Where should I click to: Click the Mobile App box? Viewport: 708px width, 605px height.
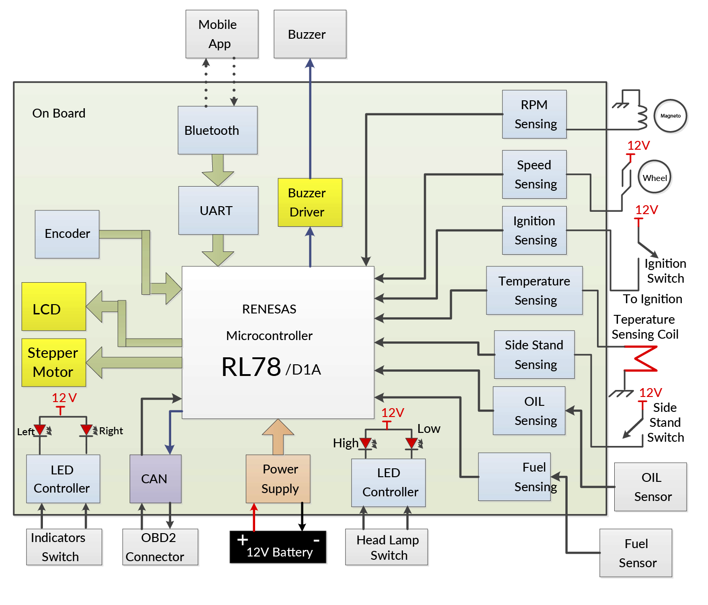pos(222,34)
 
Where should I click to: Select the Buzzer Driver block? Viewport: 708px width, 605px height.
pos(310,202)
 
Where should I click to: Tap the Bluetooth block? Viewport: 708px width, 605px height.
pos(217,130)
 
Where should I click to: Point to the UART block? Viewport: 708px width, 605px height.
pos(218,210)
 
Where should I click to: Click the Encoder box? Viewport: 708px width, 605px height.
pos(67,234)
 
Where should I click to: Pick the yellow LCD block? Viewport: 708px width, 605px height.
pos(54,306)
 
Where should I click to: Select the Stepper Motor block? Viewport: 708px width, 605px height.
pos(54,362)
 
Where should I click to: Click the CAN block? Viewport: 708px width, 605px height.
pos(155,479)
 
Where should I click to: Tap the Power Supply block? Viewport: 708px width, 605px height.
pos(278,479)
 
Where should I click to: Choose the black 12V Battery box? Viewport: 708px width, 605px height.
pos(278,547)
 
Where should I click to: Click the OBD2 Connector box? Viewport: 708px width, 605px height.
pos(160,547)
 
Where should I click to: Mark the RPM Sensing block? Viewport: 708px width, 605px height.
pos(534,114)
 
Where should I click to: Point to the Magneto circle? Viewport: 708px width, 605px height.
pos(670,116)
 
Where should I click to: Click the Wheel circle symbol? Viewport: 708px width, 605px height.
pos(654,177)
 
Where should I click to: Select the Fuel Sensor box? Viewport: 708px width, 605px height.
pos(636,553)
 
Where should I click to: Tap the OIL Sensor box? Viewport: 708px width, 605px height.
pos(651,487)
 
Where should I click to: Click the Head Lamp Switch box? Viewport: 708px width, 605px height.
pos(387,547)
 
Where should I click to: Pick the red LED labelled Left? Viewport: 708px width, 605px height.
pos(40,430)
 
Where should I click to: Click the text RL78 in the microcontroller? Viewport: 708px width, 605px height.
pos(251,367)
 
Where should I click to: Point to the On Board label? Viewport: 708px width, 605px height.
pos(59,113)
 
